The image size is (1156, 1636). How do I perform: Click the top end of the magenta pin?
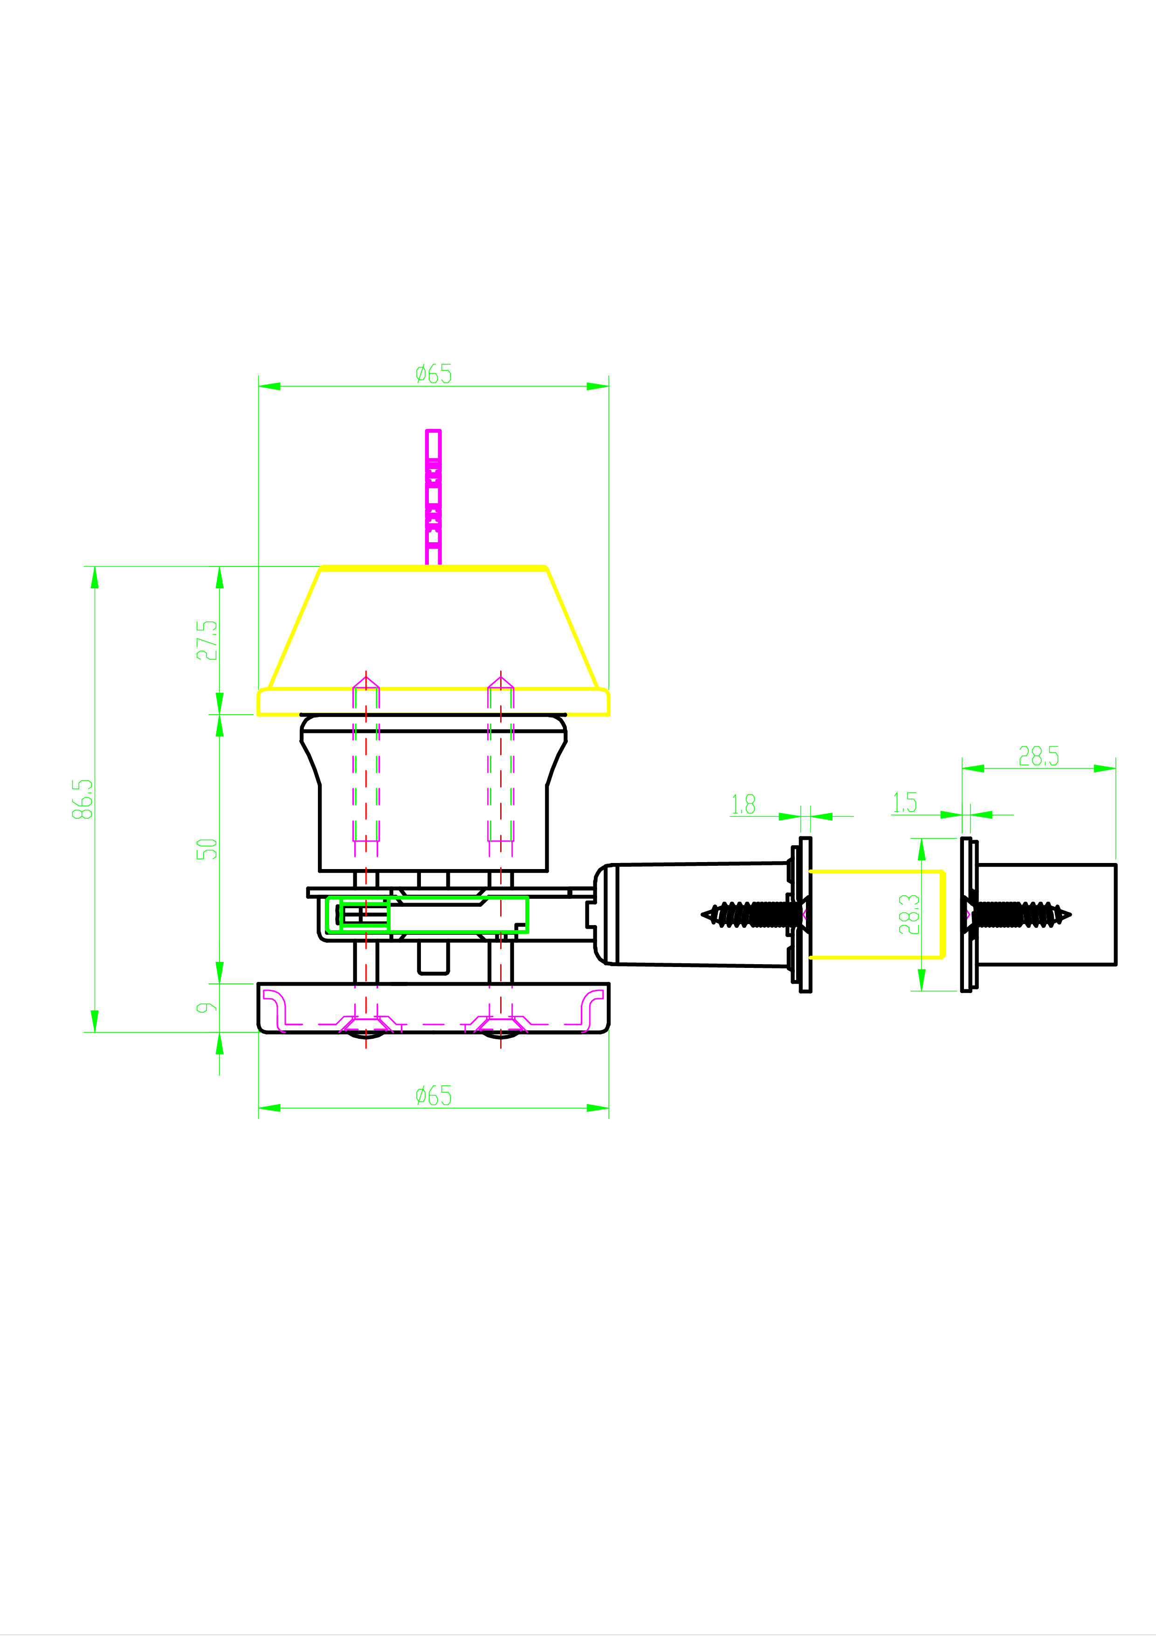[x=433, y=430]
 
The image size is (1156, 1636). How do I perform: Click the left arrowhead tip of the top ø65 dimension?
[x=259, y=386]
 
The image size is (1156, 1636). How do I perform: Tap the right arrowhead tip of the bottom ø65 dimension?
[x=608, y=1108]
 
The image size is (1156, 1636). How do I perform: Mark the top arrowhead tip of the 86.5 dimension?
[x=95, y=567]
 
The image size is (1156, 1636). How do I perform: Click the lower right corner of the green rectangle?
[x=527, y=932]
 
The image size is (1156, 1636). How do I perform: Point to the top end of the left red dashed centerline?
[x=366, y=670]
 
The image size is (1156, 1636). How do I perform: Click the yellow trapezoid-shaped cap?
[x=433, y=640]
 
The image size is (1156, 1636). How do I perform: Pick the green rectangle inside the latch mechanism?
[x=427, y=914]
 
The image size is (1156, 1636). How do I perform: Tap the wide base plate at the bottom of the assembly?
[x=433, y=1008]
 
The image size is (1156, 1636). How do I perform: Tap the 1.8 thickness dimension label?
[x=743, y=804]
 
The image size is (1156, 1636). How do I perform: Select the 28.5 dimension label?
[x=1039, y=756]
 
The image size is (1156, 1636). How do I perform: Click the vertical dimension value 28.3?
[x=909, y=914]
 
